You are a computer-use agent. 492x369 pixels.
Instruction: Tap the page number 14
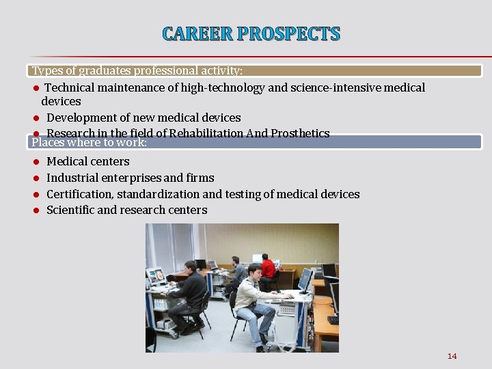coord(452,356)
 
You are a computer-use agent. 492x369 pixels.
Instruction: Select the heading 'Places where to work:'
coord(90,142)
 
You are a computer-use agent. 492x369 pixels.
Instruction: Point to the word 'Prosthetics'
coord(300,133)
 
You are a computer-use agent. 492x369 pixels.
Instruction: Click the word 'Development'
coord(83,118)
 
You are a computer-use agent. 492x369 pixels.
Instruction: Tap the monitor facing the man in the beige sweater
coord(304,279)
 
